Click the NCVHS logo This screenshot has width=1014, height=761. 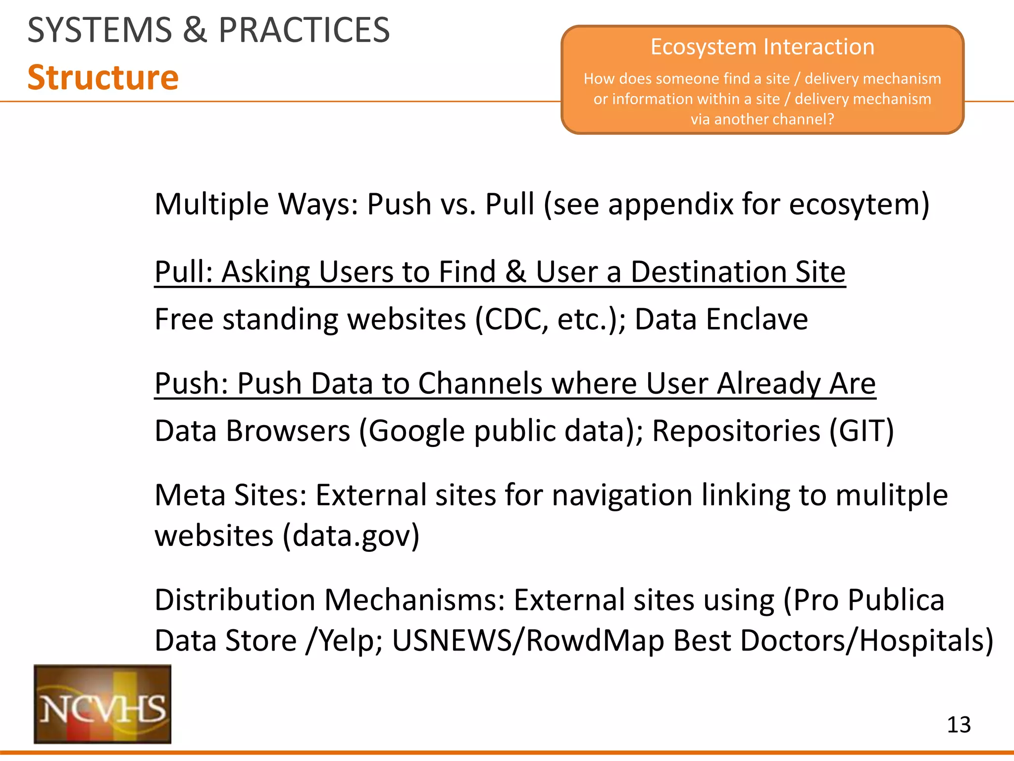point(102,704)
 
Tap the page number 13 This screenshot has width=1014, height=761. point(959,725)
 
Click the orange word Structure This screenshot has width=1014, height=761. point(103,78)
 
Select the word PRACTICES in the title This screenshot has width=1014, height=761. point(304,30)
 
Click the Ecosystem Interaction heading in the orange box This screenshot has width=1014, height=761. point(762,47)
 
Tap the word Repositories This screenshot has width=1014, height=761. point(736,431)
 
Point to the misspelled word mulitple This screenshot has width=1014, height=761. point(892,495)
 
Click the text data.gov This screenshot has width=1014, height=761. point(351,536)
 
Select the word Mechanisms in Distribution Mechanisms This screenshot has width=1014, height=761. point(414,600)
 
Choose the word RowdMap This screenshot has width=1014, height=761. point(595,641)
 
